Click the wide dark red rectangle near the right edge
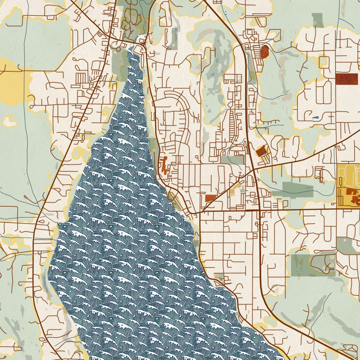coord(346,79)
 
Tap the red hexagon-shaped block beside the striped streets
coord(265,52)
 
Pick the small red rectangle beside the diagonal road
coord(210,198)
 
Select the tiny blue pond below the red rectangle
coord(316,117)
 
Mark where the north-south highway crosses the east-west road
coord(259,209)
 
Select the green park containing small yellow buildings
coord(314,264)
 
